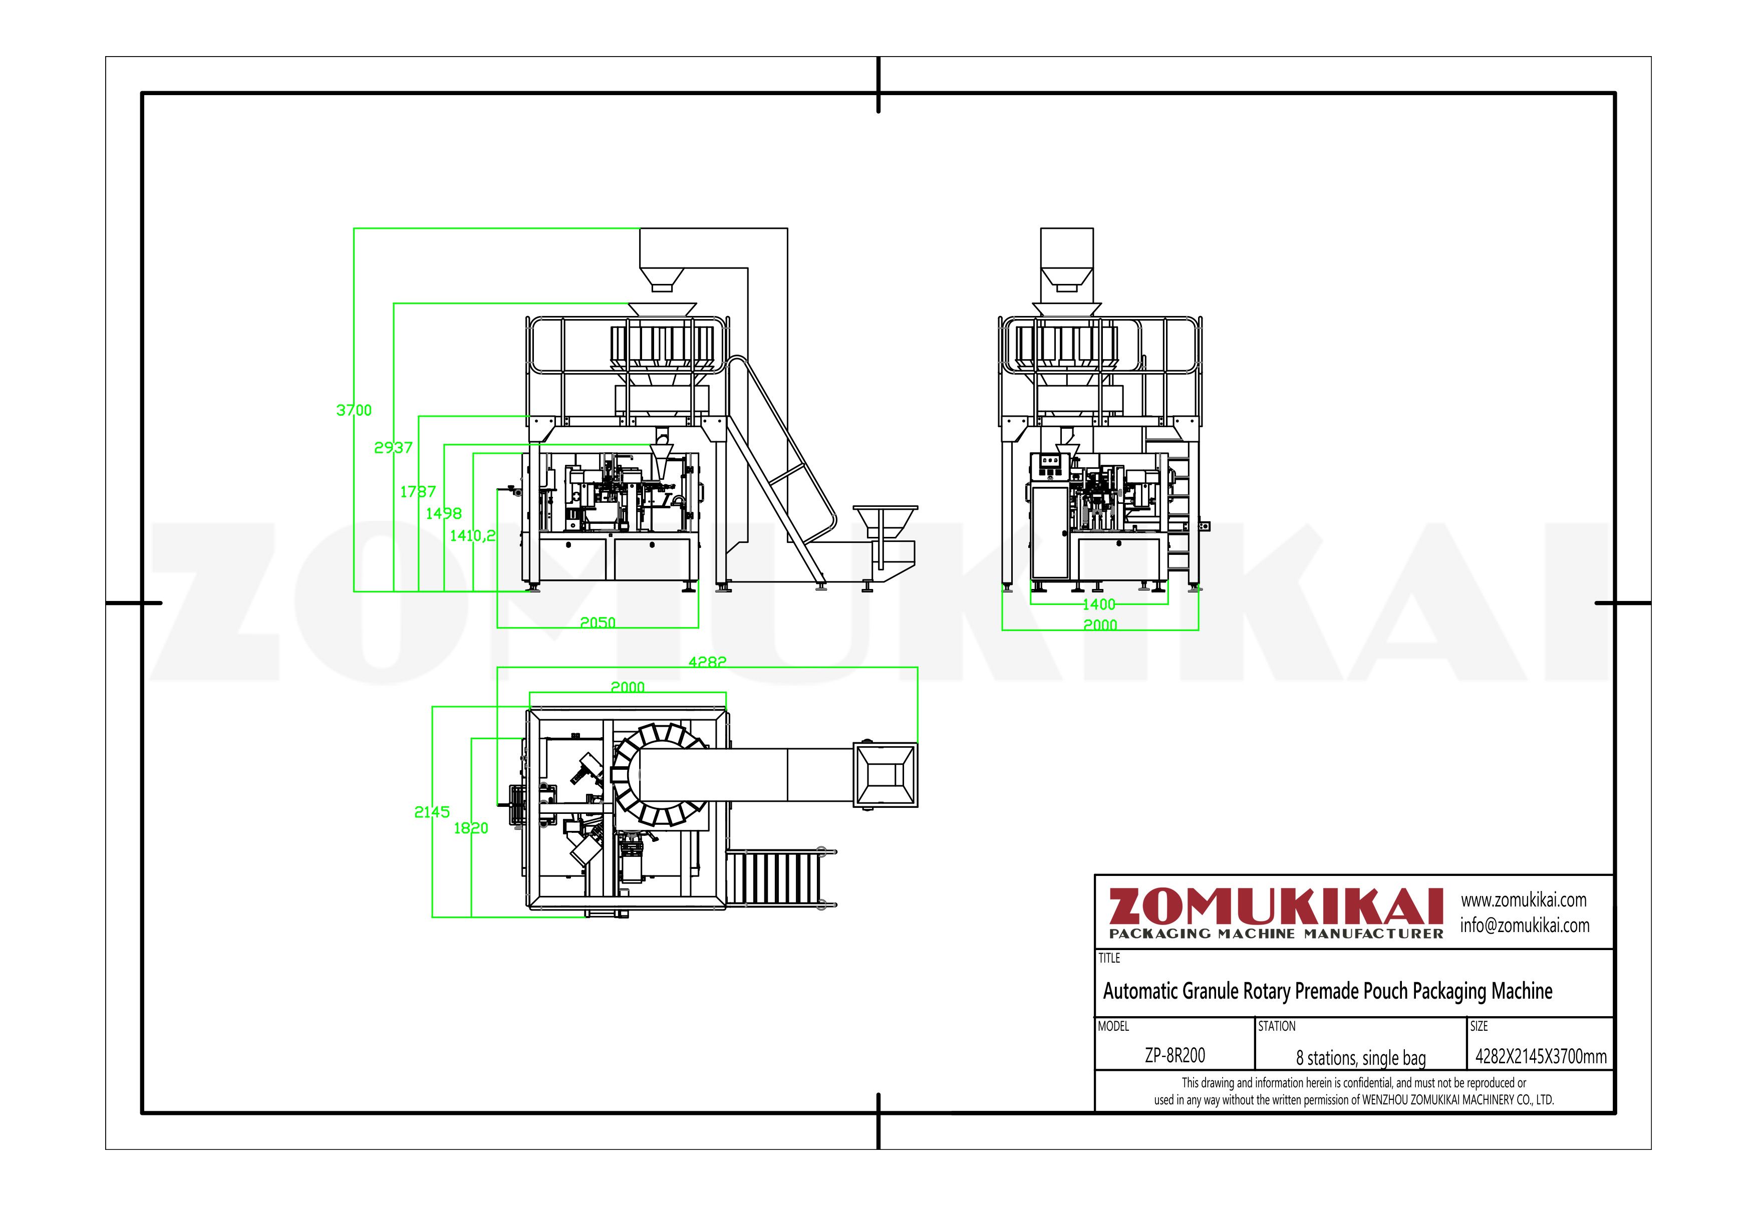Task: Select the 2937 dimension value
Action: (x=393, y=448)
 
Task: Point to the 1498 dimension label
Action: (x=443, y=513)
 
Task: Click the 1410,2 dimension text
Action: (x=472, y=536)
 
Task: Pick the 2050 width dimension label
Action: (x=597, y=622)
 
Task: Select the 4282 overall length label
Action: (x=707, y=662)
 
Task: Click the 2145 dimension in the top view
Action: (x=432, y=812)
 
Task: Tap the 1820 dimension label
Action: (x=470, y=828)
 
